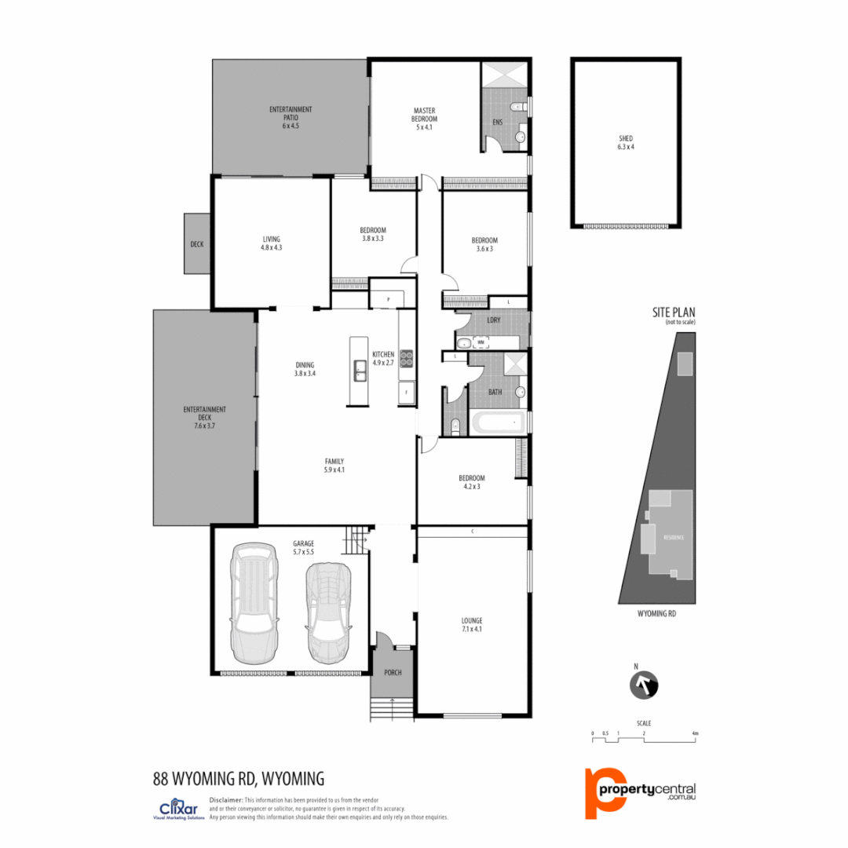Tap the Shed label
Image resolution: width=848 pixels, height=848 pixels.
(x=625, y=141)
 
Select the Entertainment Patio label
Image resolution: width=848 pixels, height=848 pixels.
(x=291, y=117)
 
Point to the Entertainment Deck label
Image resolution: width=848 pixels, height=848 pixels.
(x=204, y=417)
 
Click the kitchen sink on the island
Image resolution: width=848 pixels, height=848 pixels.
(x=358, y=370)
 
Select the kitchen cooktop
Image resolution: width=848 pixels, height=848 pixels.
(x=406, y=358)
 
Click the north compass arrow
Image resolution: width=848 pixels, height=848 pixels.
(x=645, y=685)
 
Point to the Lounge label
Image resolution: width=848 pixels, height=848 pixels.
(x=472, y=624)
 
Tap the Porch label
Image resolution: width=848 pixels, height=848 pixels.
(x=393, y=673)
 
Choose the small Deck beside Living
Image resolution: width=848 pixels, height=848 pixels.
(x=196, y=244)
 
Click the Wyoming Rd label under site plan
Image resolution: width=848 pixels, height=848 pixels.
(x=656, y=613)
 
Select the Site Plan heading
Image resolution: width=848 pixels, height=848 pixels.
(x=674, y=313)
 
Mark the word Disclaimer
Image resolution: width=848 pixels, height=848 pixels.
(x=226, y=799)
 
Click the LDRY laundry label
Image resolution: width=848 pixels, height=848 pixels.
(x=495, y=321)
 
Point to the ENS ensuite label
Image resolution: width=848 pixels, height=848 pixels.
(x=497, y=122)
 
